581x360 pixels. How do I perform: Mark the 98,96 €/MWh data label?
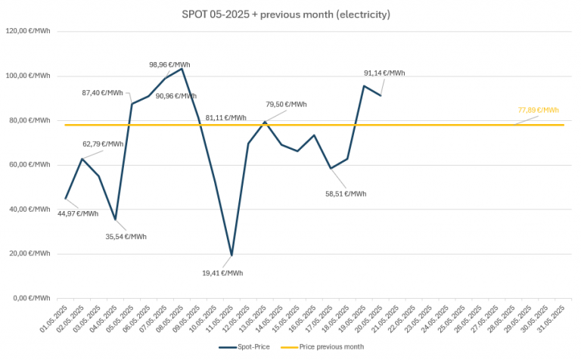pyautogui.click(x=169, y=64)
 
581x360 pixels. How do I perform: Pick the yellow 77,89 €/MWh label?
pyautogui.click(x=538, y=110)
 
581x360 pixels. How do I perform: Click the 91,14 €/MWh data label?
pyautogui.click(x=384, y=73)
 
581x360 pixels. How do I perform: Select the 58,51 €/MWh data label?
pyautogui.click(x=345, y=194)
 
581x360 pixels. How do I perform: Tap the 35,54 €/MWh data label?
pyautogui.click(x=126, y=236)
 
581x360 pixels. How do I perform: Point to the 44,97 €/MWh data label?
pyautogui.click(x=78, y=213)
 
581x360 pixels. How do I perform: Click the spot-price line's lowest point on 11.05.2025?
pyautogui.click(x=231, y=255)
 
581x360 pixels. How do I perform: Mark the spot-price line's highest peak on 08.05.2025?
pyautogui.click(x=182, y=69)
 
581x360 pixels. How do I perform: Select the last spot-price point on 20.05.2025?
pyautogui.click(x=381, y=95)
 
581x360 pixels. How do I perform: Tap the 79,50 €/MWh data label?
pyautogui.click(x=286, y=104)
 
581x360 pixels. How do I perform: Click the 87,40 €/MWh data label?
pyautogui.click(x=102, y=92)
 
